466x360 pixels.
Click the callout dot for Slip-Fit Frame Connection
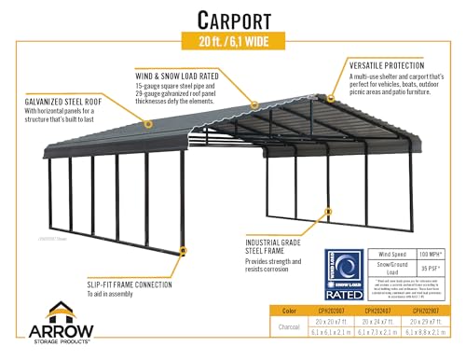click(x=184, y=251)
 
